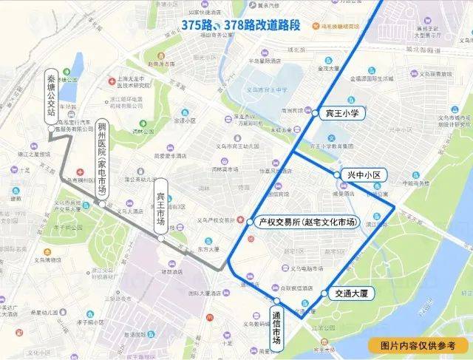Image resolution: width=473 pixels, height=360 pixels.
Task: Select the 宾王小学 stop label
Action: pyautogui.click(x=341, y=113)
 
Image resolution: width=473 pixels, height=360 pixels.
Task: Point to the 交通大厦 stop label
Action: pyautogui.click(x=350, y=293)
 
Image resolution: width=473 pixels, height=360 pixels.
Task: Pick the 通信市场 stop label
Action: pyautogui.click(x=275, y=328)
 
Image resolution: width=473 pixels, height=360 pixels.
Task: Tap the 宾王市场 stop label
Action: pyautogui.click(x=161, y=208)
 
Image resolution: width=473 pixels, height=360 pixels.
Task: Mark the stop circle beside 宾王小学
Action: pyautogui.click(x=318, y=114)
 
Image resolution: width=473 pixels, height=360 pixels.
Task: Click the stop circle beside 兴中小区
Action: pyautogui.click(x=338, y=175)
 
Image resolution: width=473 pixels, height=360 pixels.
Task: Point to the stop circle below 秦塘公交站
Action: pyautogui.click(x=50, y=127)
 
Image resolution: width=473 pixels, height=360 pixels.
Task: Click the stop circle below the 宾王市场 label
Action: pyautogui.click(x=161, y=238)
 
